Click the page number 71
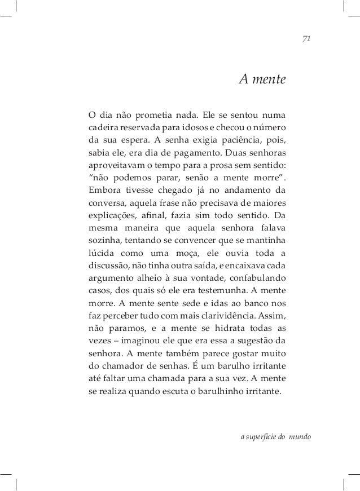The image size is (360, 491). (x=308, y=38)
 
